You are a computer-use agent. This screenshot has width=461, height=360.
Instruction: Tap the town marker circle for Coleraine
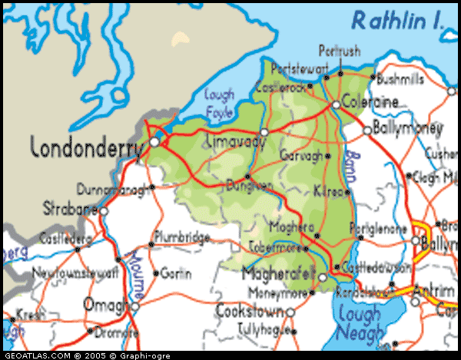[336, 105]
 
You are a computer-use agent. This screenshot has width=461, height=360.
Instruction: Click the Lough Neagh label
[359, 322]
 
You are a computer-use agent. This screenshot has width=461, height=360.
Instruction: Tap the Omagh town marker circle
[134, 307]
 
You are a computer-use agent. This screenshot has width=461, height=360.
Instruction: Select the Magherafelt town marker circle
[323, 277]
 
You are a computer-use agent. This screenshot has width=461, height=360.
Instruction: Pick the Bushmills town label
[402, 78]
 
